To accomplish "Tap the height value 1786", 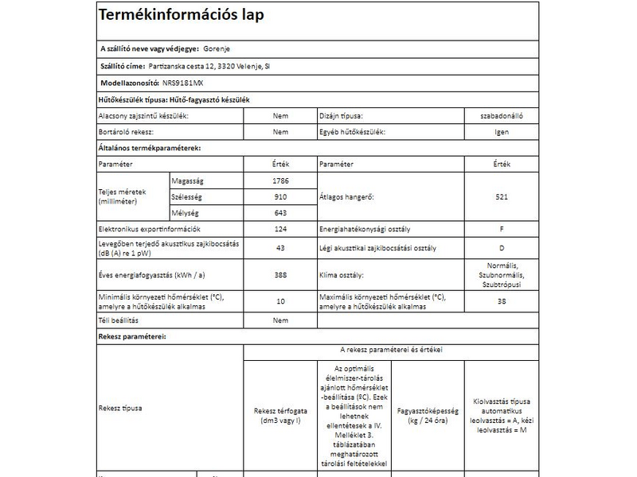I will (x=279, y=180).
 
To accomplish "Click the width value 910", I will (x=279, y=196).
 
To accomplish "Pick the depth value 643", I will (x=279, y=212).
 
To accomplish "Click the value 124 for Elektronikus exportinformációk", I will (x=279, y=230).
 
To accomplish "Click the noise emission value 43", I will (x=279, y=249).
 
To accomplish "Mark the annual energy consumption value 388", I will (x=279, y=274).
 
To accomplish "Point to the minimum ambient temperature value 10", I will (x=279, y=301).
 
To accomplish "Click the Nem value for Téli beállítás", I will (x=279, y=320).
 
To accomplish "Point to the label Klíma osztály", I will (x=342, y=275).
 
